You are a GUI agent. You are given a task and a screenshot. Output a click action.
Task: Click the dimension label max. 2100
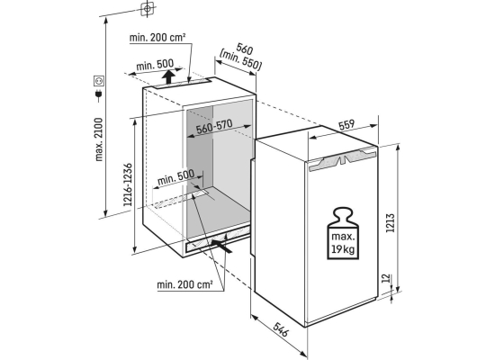click(99, 139)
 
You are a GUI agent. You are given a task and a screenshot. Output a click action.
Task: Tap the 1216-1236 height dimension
click(128, 184)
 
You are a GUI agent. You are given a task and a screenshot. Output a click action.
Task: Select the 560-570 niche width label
click(214, 126)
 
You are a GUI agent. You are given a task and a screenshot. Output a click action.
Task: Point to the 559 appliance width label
click(346, 125)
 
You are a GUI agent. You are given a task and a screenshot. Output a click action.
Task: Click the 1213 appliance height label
click(391, 223)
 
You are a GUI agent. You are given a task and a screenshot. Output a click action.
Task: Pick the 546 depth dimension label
click(280, 329)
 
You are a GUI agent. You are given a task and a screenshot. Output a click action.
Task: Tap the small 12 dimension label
click(386, 278)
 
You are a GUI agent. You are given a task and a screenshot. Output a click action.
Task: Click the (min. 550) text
click(241, 59)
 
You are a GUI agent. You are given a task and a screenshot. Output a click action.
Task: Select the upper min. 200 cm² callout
click(157, 37)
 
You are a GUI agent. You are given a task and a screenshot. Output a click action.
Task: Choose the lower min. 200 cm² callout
click(184, 284)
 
